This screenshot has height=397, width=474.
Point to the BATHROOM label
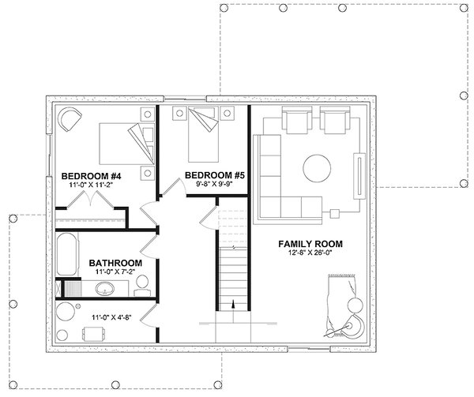point(115,262)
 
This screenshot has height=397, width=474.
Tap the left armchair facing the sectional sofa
point(297,122)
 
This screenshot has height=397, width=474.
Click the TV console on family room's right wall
point(360,174)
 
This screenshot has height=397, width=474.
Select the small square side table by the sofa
point(334,212)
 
